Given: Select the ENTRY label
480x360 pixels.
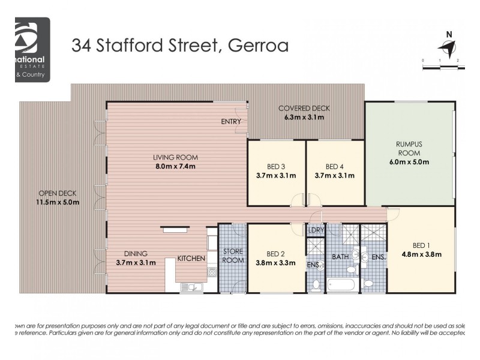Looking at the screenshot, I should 231,122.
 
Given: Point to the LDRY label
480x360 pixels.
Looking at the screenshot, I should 316,230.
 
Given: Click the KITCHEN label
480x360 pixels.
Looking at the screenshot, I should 191,259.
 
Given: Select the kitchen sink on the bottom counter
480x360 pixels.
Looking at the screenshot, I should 193,287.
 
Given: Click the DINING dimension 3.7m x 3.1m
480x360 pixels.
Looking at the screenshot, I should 136,262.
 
